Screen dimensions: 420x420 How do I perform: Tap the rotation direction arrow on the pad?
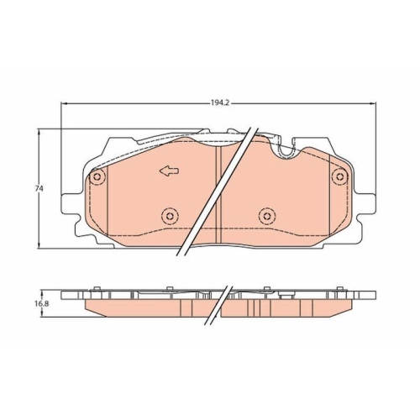168,172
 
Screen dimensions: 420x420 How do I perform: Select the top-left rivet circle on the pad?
97,177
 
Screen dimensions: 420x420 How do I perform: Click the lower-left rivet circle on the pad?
169,216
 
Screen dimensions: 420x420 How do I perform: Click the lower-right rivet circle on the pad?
266,216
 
